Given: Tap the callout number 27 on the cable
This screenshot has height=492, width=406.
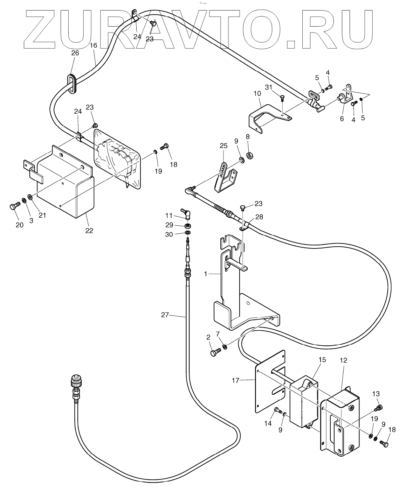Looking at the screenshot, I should coord(165,315).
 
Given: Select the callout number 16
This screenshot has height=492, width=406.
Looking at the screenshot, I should coord(93,45).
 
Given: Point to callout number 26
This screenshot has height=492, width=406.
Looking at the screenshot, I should coord(75,53).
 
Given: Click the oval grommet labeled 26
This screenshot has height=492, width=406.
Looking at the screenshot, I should coord(72,84).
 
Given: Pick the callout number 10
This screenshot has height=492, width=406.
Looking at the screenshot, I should coord(257,94).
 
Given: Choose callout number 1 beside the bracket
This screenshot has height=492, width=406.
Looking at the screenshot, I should coord(206,274).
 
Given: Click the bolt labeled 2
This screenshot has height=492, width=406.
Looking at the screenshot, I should coord(214,352).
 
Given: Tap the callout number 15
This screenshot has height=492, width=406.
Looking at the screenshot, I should coord(322,360).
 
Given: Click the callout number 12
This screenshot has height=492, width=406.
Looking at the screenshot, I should coord(343,360).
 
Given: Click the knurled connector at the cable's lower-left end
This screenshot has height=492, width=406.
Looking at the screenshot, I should coord(75,381).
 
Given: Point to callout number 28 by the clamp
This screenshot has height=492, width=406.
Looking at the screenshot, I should coord(259,217).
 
